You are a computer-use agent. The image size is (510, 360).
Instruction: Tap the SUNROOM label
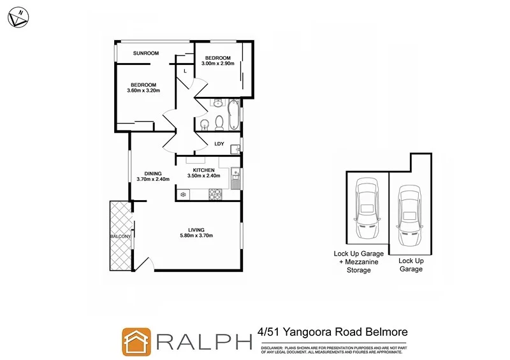[x=145, y=53]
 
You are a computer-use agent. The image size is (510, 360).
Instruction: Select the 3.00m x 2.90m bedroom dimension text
[x=219, y=64]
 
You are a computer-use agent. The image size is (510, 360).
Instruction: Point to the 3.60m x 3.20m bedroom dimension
[x=143, y=90]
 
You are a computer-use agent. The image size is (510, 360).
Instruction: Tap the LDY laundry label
[x=219, y=144]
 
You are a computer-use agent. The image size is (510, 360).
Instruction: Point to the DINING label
[x=152, y=173]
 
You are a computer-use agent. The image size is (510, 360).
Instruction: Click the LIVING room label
[x=196, y=230]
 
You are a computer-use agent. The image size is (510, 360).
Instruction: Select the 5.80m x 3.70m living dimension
[x=196, y=236]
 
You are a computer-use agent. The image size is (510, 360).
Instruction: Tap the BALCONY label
[x=120, y=236]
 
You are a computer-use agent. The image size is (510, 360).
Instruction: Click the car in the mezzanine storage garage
[x=367, y=203]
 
